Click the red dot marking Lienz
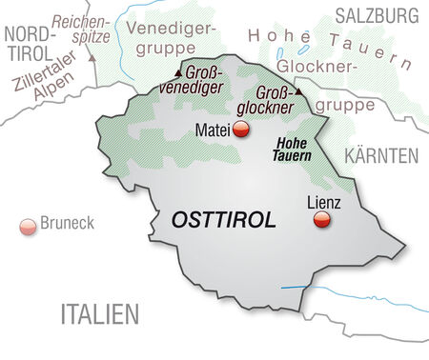(x=323, y=221)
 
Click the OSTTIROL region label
(x=224, y=220)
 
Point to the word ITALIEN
(x=100, y=313)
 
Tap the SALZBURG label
(x=376, y=14)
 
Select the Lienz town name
(x=324, y=202)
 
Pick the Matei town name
(x=213, y=130)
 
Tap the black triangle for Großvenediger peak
(x=177, y=72)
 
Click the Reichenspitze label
(x=83, y=29)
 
